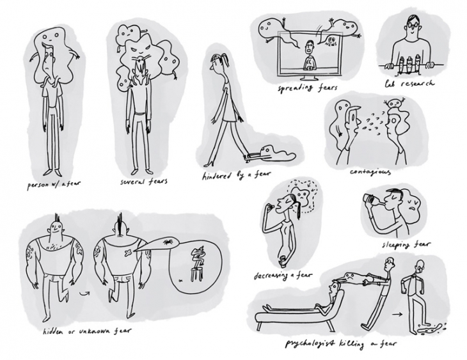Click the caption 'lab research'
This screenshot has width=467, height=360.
point(409,84)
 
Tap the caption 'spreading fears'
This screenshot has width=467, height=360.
point(307,88)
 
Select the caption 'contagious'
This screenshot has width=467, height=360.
point(370,172)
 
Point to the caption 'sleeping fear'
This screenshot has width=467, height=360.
point(406,245)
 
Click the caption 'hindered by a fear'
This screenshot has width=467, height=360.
point(236,175)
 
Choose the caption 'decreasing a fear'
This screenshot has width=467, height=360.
point(283,276)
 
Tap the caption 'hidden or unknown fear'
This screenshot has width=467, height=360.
point(86,331)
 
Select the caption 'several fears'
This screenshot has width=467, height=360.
point(143,181)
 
